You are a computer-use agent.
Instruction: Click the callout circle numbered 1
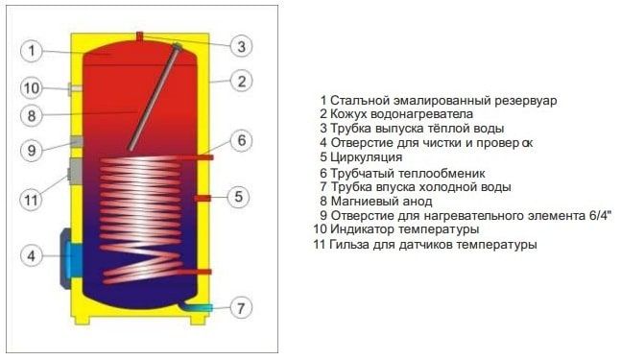[x=31, y=50]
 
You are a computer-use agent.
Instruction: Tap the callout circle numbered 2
[x=242, y=81]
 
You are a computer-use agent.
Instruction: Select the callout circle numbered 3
[x=242, y=45]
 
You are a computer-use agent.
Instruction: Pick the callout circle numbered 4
[x=31, y=256]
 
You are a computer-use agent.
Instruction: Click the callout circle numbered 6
[x=242, y=141]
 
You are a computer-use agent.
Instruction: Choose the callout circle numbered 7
[x=242, y=308]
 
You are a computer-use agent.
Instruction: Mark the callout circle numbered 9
[x=31, y=151]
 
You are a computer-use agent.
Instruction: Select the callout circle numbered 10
[x=31, y=88]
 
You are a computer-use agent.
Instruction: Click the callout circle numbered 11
[x=31, y=201]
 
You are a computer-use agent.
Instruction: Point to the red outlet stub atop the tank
[x=139, y=37]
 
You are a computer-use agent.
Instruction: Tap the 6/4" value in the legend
[x=597, y=216]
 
